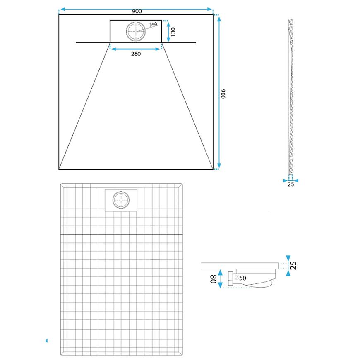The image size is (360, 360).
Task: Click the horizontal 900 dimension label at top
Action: pos(137,11)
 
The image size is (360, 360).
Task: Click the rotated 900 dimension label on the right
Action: pos(223,94)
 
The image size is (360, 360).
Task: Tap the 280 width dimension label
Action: pos(136,54)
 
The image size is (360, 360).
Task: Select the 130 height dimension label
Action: pos(173,32)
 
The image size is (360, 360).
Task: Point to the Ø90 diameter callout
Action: pos(153,24)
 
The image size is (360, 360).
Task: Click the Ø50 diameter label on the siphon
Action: pos(240,278)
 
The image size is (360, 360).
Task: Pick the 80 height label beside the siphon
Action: pos(213,279)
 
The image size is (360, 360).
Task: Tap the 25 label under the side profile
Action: pos(290,184)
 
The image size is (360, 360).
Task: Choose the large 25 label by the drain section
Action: pos(293,265)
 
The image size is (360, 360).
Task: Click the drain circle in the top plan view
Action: pos(136,31)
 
